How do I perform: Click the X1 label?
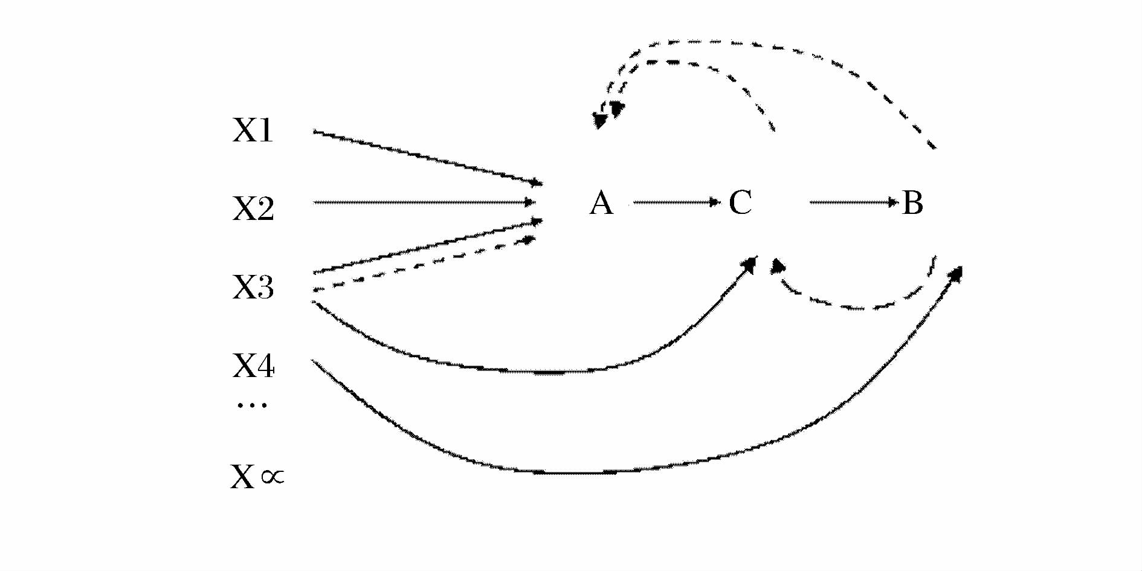click(253, 130)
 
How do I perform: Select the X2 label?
click(253, 208)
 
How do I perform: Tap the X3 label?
click(253, 287)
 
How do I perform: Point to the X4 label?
click(253, 366)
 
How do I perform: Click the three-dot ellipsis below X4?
click(252, 404)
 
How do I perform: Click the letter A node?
click(601, 202)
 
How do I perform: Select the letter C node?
click(740, 202)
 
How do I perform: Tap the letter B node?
click(912, 202)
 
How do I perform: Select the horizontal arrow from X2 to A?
click(423, 202)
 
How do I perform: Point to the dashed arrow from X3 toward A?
click(423, 265)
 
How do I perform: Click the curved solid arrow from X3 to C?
click(544, 370)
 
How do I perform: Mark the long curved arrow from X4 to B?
click(604, 472)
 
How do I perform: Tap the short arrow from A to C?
click(674, 202)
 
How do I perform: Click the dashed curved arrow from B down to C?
click(858, 307)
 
